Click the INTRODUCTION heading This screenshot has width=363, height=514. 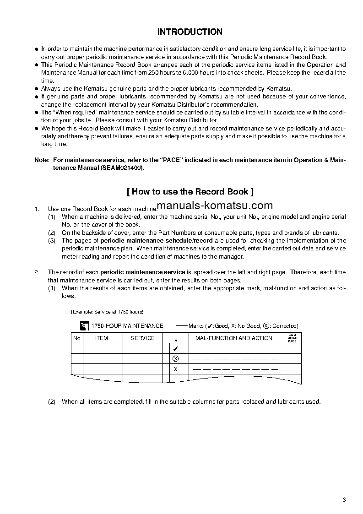click(x=190, y=32)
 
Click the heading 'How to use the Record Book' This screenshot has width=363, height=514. click(x=190, y=191)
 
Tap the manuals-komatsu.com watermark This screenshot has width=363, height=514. click(x=214, y=206)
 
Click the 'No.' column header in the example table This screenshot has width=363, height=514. click(x=77, y=338)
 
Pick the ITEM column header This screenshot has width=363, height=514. click(x=101, y=338)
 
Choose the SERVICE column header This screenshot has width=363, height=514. click(x=143, y=338)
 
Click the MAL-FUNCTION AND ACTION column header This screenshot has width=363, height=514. click(x=233, y=338)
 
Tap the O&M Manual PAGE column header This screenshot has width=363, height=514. click(x=292, y=338)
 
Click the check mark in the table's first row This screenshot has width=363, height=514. click(x=175, y=349)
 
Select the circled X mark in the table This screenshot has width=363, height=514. click(x=175, y=359)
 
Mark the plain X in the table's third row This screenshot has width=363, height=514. click(x=175, y=369)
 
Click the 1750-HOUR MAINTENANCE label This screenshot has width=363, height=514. click(x=127, y=326)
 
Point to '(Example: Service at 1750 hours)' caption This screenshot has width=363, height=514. click(x=107, y=312)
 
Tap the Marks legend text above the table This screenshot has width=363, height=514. click(x=243, y=326)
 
